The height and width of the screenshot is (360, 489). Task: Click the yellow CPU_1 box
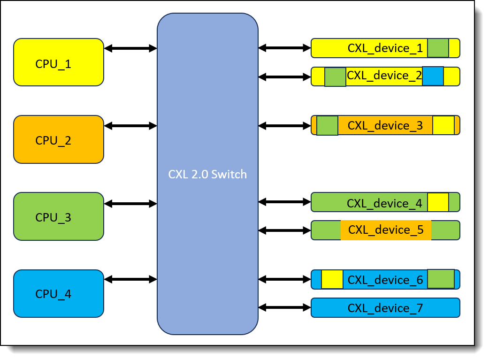59,62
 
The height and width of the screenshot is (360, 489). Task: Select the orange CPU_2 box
59,139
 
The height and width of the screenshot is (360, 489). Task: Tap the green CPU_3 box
59,216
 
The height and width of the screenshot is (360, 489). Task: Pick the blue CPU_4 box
59,293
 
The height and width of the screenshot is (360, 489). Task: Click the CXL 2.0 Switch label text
207,174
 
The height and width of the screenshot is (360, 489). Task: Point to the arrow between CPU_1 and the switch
130,48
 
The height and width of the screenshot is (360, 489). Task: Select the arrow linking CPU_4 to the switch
130,279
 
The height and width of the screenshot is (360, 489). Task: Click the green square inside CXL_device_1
438,48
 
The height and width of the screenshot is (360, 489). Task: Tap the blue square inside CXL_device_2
433,76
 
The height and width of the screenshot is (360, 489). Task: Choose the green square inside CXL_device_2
335,77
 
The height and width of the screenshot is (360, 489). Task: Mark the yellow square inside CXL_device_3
443,125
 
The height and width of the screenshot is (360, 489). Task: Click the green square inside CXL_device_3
327,125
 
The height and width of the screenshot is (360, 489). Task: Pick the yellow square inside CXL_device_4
438,202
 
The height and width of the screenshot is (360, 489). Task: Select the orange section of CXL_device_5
386,230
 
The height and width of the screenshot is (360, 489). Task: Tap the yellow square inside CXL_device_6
332,280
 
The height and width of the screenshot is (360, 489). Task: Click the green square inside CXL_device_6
441,279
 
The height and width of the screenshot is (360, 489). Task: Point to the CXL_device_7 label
385,308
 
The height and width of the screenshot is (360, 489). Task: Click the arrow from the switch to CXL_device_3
284,126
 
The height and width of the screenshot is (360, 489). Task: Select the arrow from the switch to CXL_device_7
284,307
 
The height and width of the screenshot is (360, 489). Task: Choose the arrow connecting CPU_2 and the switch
130,126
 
